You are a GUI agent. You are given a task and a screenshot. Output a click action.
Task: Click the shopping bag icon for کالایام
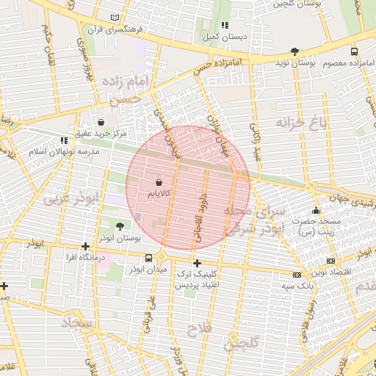(x=160, y=181)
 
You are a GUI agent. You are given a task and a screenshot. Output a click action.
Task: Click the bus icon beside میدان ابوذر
(x=150, y=258)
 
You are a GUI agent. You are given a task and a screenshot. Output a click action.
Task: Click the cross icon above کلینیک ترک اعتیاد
(x=196, y=263)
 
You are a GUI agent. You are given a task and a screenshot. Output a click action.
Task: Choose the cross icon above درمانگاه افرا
(x=86, y=246)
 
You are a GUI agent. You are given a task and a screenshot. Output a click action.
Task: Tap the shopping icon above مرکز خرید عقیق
(x=101, y=122)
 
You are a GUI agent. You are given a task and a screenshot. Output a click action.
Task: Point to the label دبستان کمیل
(x=224, y=36)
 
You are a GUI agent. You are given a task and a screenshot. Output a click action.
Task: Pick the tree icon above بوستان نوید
(x=294, y=51)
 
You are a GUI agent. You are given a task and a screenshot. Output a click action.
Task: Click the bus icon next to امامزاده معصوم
(x=355, y=52)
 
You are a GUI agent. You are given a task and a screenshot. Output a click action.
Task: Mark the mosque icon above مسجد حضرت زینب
(x=317, y=210)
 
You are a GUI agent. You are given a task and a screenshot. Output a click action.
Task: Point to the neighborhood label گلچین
(x=242, y=342)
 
